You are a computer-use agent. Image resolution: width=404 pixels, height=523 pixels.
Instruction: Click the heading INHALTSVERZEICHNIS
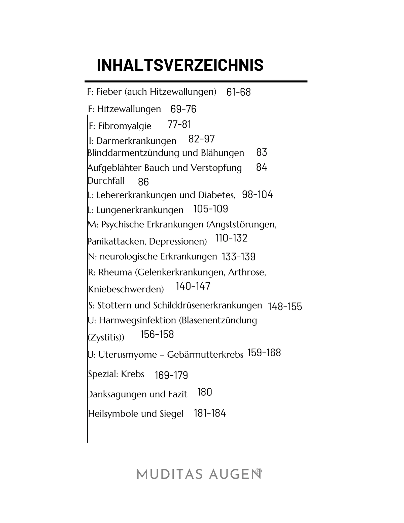click(x=180, y=65)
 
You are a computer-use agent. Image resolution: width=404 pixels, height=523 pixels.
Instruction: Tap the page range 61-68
click(x=238, y=92)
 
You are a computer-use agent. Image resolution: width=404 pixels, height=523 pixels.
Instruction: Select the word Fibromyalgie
click(x=125, y=126)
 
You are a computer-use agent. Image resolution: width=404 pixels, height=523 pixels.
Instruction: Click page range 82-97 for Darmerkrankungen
click(x=201, y=139)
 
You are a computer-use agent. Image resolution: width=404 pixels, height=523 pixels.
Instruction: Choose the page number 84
click(x=262, y=167)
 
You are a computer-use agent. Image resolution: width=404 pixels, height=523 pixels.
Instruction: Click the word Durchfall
click(x=106, y=181)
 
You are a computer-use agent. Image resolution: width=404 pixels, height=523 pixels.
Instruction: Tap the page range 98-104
click(x=257, y=195)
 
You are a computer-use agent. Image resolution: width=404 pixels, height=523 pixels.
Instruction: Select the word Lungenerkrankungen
click(x=140, y=210)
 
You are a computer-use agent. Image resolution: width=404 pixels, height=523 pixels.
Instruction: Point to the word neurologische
click(x=129, y=257)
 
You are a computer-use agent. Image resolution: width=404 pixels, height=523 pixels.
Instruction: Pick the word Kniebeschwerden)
click(x=126, y=289)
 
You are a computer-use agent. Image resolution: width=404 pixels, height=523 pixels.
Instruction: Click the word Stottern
click(x=114, y=305)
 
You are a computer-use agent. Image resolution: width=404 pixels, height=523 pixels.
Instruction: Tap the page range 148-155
click(x=285, y=306)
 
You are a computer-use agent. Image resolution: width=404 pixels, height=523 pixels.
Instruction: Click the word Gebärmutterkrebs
click(x=205, y=355)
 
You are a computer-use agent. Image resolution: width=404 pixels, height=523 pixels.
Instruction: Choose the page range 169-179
click(x=171, y=375)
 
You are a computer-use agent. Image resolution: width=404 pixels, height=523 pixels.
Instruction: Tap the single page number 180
click(x=204, y=392)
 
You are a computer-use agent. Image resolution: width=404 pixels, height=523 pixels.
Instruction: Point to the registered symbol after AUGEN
click(x=259, y=471)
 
